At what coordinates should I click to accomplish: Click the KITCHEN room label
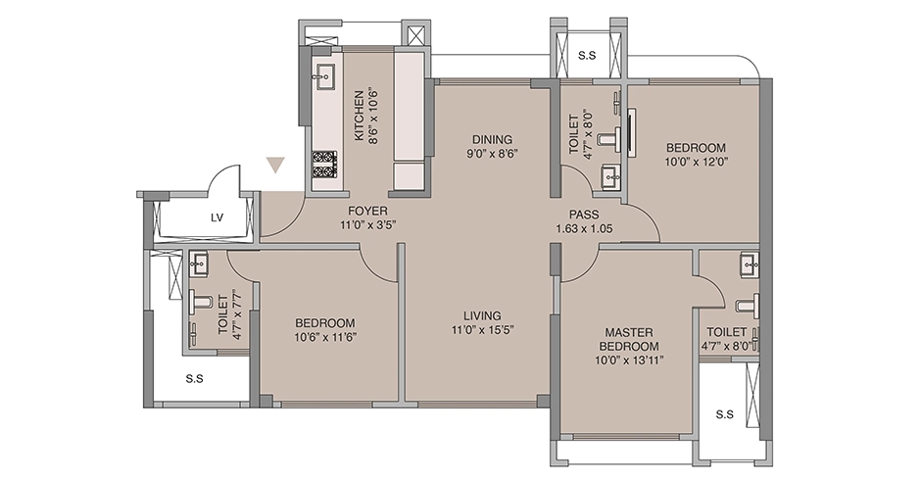point(358,116)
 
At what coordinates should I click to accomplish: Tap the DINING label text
point(492,140)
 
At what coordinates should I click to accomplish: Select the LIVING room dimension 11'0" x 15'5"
point(482,329)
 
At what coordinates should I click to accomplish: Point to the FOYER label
point(367,212)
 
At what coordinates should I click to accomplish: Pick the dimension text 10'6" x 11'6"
point(325,337)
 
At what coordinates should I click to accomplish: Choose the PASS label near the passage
point(584,216)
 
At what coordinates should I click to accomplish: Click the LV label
point(218,218)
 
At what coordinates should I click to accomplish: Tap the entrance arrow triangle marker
point(275,166)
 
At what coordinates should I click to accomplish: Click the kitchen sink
point(324,75)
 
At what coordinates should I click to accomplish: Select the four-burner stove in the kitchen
point(324,165)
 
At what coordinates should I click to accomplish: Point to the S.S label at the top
point(587,56)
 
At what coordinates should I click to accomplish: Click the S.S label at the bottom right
point(725,414)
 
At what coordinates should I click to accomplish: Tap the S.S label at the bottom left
point(194,379)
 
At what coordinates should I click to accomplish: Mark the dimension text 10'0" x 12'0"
point(697,162)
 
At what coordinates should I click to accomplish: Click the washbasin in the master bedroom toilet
point(750,264)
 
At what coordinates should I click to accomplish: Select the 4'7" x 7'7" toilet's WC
point(200,302)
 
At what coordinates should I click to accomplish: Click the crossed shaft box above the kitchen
point(415,34)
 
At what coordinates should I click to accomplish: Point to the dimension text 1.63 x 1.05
point(584,228)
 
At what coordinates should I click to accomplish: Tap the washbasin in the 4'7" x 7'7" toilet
point(199,264)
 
